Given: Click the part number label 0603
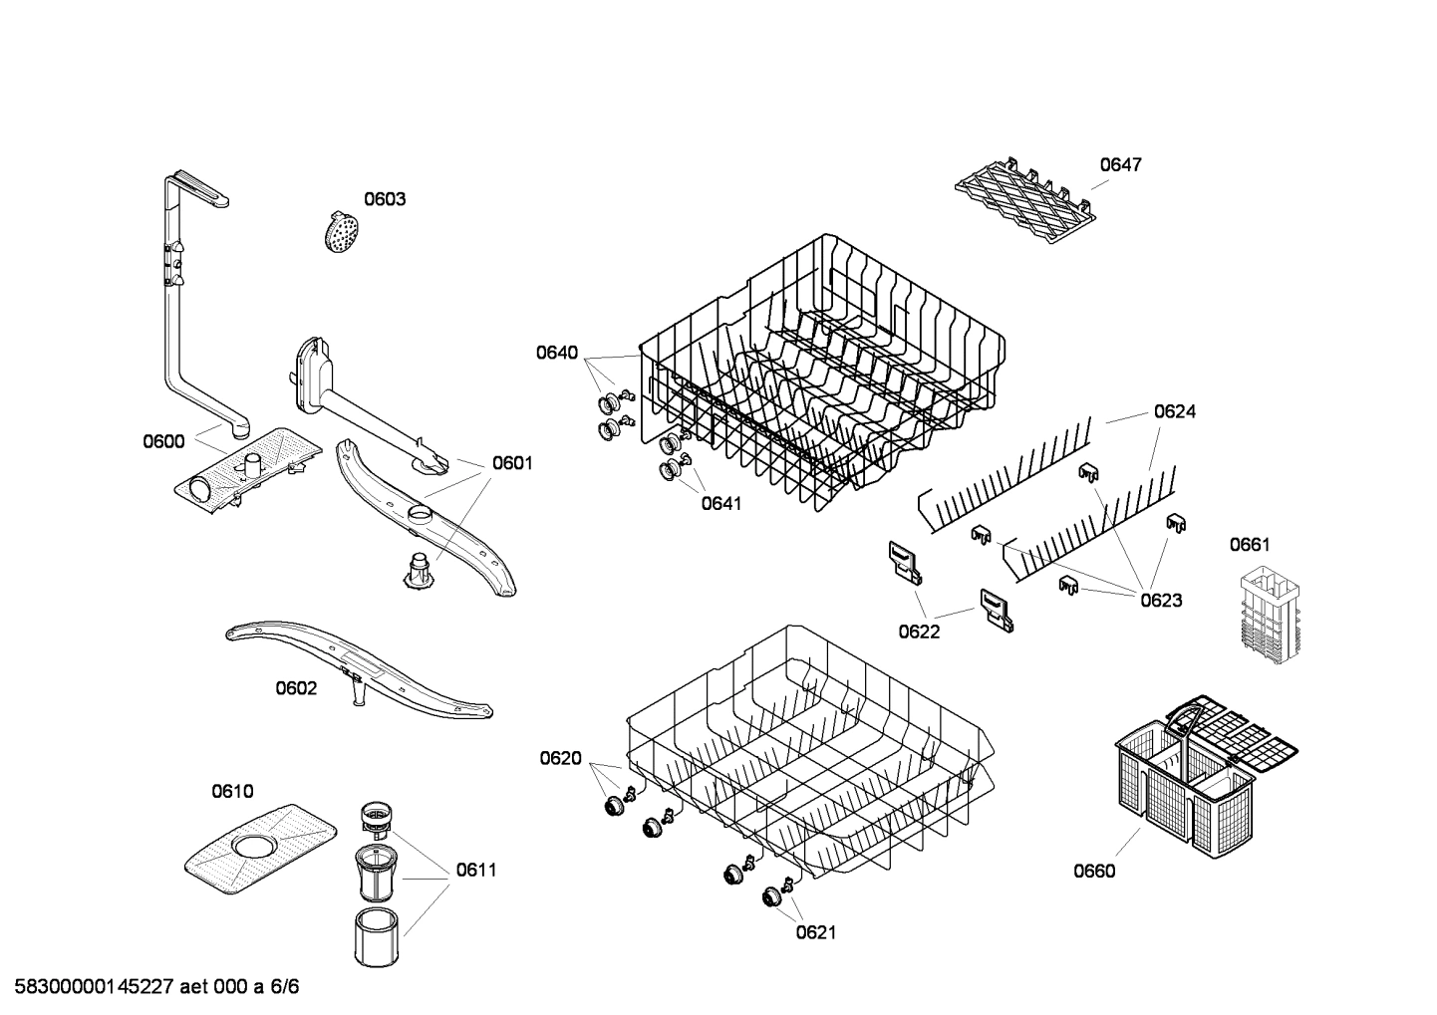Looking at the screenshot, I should [x=384, y=199].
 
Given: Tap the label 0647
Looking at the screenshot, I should [x=1120, y=164].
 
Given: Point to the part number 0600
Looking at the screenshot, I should [x=163, y=441].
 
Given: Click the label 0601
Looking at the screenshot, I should [x=512, y=463].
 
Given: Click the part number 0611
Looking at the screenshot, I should [x=475, y=870].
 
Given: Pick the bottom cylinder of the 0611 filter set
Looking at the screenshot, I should [x=376, y=936].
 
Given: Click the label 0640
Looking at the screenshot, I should [x=556, y=352].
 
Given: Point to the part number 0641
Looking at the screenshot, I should [x=720, y=503].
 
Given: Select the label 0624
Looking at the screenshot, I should [x=1174, y=410].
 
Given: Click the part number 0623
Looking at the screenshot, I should [x=1161, y=600].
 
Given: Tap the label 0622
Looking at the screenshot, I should [x=918, y=631].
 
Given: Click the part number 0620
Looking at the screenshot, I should [x=560, y=758].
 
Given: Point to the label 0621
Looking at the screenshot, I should [x=815, y=932].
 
